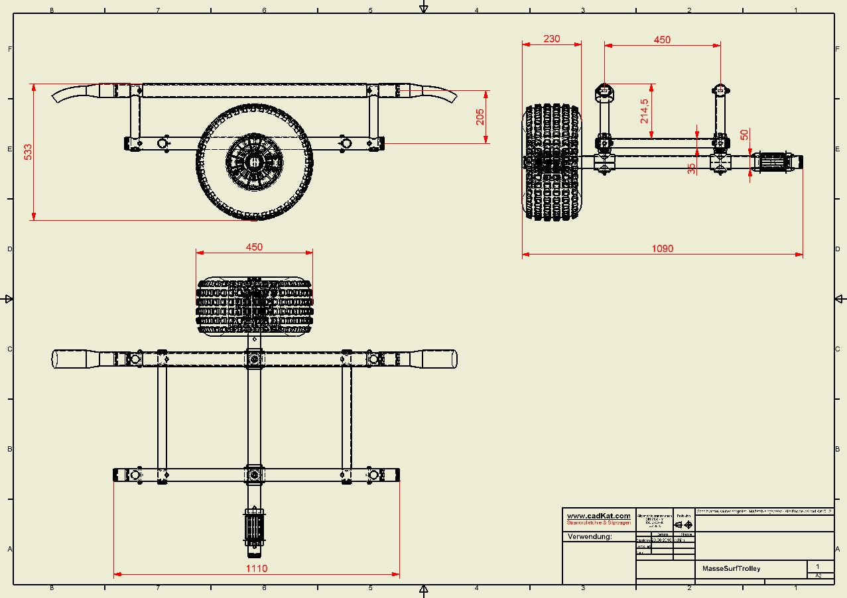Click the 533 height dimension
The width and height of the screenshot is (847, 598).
click(x=28, y=152)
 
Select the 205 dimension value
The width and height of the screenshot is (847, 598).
click(x=480, y=117)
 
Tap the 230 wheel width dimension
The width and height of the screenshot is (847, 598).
click(x=551, y=38)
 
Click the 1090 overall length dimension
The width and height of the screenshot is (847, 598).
click(x=662, y=249)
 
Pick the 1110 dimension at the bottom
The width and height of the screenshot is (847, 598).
click(x=256, y=568)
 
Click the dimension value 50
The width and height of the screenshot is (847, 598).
click(x=744, y=134)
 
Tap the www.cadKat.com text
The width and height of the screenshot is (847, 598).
click(x=598, y=516)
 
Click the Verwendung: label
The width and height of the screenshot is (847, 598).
click(x=590, y=537)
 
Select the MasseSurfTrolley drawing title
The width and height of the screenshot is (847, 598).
click(x=731, y=568)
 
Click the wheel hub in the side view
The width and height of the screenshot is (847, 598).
click(x=254, y=161)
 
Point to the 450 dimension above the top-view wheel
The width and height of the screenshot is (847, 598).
click(x=254, y=247)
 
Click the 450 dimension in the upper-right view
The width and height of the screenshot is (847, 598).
click(x=662, y=39)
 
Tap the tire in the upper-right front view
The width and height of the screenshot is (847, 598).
click(x=552, y=162)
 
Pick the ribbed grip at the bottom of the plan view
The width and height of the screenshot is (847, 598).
click(x=255, y=527)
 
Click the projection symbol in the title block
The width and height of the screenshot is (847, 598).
click(x=683, y=524)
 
